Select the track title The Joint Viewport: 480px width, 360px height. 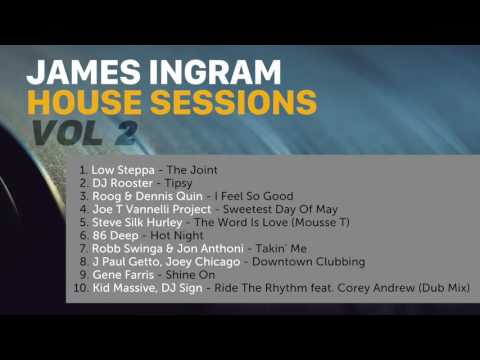pos(192,171)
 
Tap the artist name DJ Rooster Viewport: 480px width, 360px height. pos(118,186)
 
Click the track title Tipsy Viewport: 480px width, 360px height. pos(175,186)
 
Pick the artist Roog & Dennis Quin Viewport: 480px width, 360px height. pos(148,201)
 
